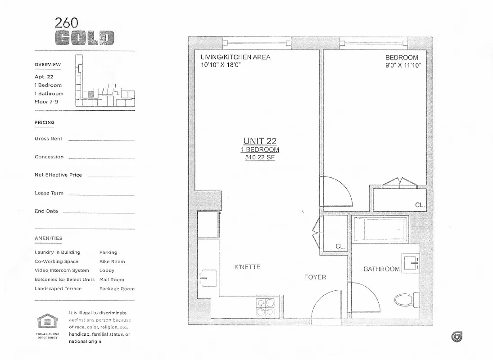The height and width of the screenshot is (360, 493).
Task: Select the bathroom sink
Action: tap(411, 262)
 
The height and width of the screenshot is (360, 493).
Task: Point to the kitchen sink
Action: tap(208, 277)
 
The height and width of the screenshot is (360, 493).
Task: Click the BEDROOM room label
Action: tap(402, 58)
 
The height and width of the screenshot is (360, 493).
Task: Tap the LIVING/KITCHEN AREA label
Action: tap(235, 57)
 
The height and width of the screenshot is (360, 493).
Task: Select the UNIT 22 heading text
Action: tap(260, 141)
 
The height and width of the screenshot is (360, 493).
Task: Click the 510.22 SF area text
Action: tap(260, 157)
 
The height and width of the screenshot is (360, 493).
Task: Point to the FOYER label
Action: tap(315, 277)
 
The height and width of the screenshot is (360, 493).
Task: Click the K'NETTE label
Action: tap(247, 267)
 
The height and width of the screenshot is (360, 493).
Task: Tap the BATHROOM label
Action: tap(381, 269)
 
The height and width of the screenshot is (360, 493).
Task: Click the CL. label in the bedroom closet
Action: tap(420, 205)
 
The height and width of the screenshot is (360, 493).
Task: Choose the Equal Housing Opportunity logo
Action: tap(47, 323)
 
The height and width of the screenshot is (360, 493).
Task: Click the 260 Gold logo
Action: tap(84, 31)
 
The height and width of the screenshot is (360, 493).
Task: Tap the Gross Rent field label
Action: tap(49, 139)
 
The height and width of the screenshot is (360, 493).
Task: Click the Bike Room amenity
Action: tap(112, 261)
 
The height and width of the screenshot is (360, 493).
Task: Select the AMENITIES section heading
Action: tap(48, 238)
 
